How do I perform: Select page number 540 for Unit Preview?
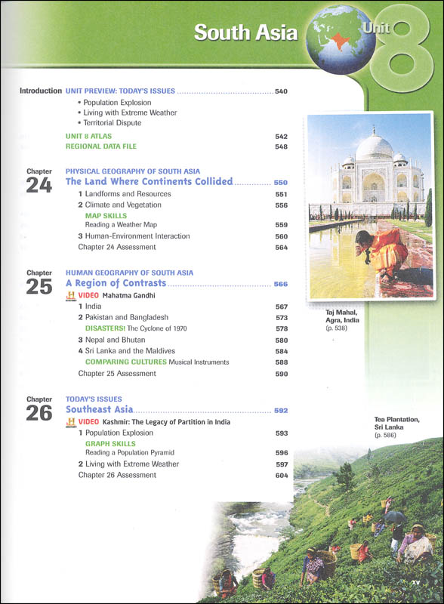(x=281, y=91)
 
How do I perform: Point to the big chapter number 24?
(x=39, y=185)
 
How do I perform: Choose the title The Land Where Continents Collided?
(x=149, y=182)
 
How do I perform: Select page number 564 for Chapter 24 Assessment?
(x=281, y=247)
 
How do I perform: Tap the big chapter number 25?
(x=39, y=287)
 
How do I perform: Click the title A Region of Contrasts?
(x=116, y=284)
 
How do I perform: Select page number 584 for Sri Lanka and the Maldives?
(x=281, y=351)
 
